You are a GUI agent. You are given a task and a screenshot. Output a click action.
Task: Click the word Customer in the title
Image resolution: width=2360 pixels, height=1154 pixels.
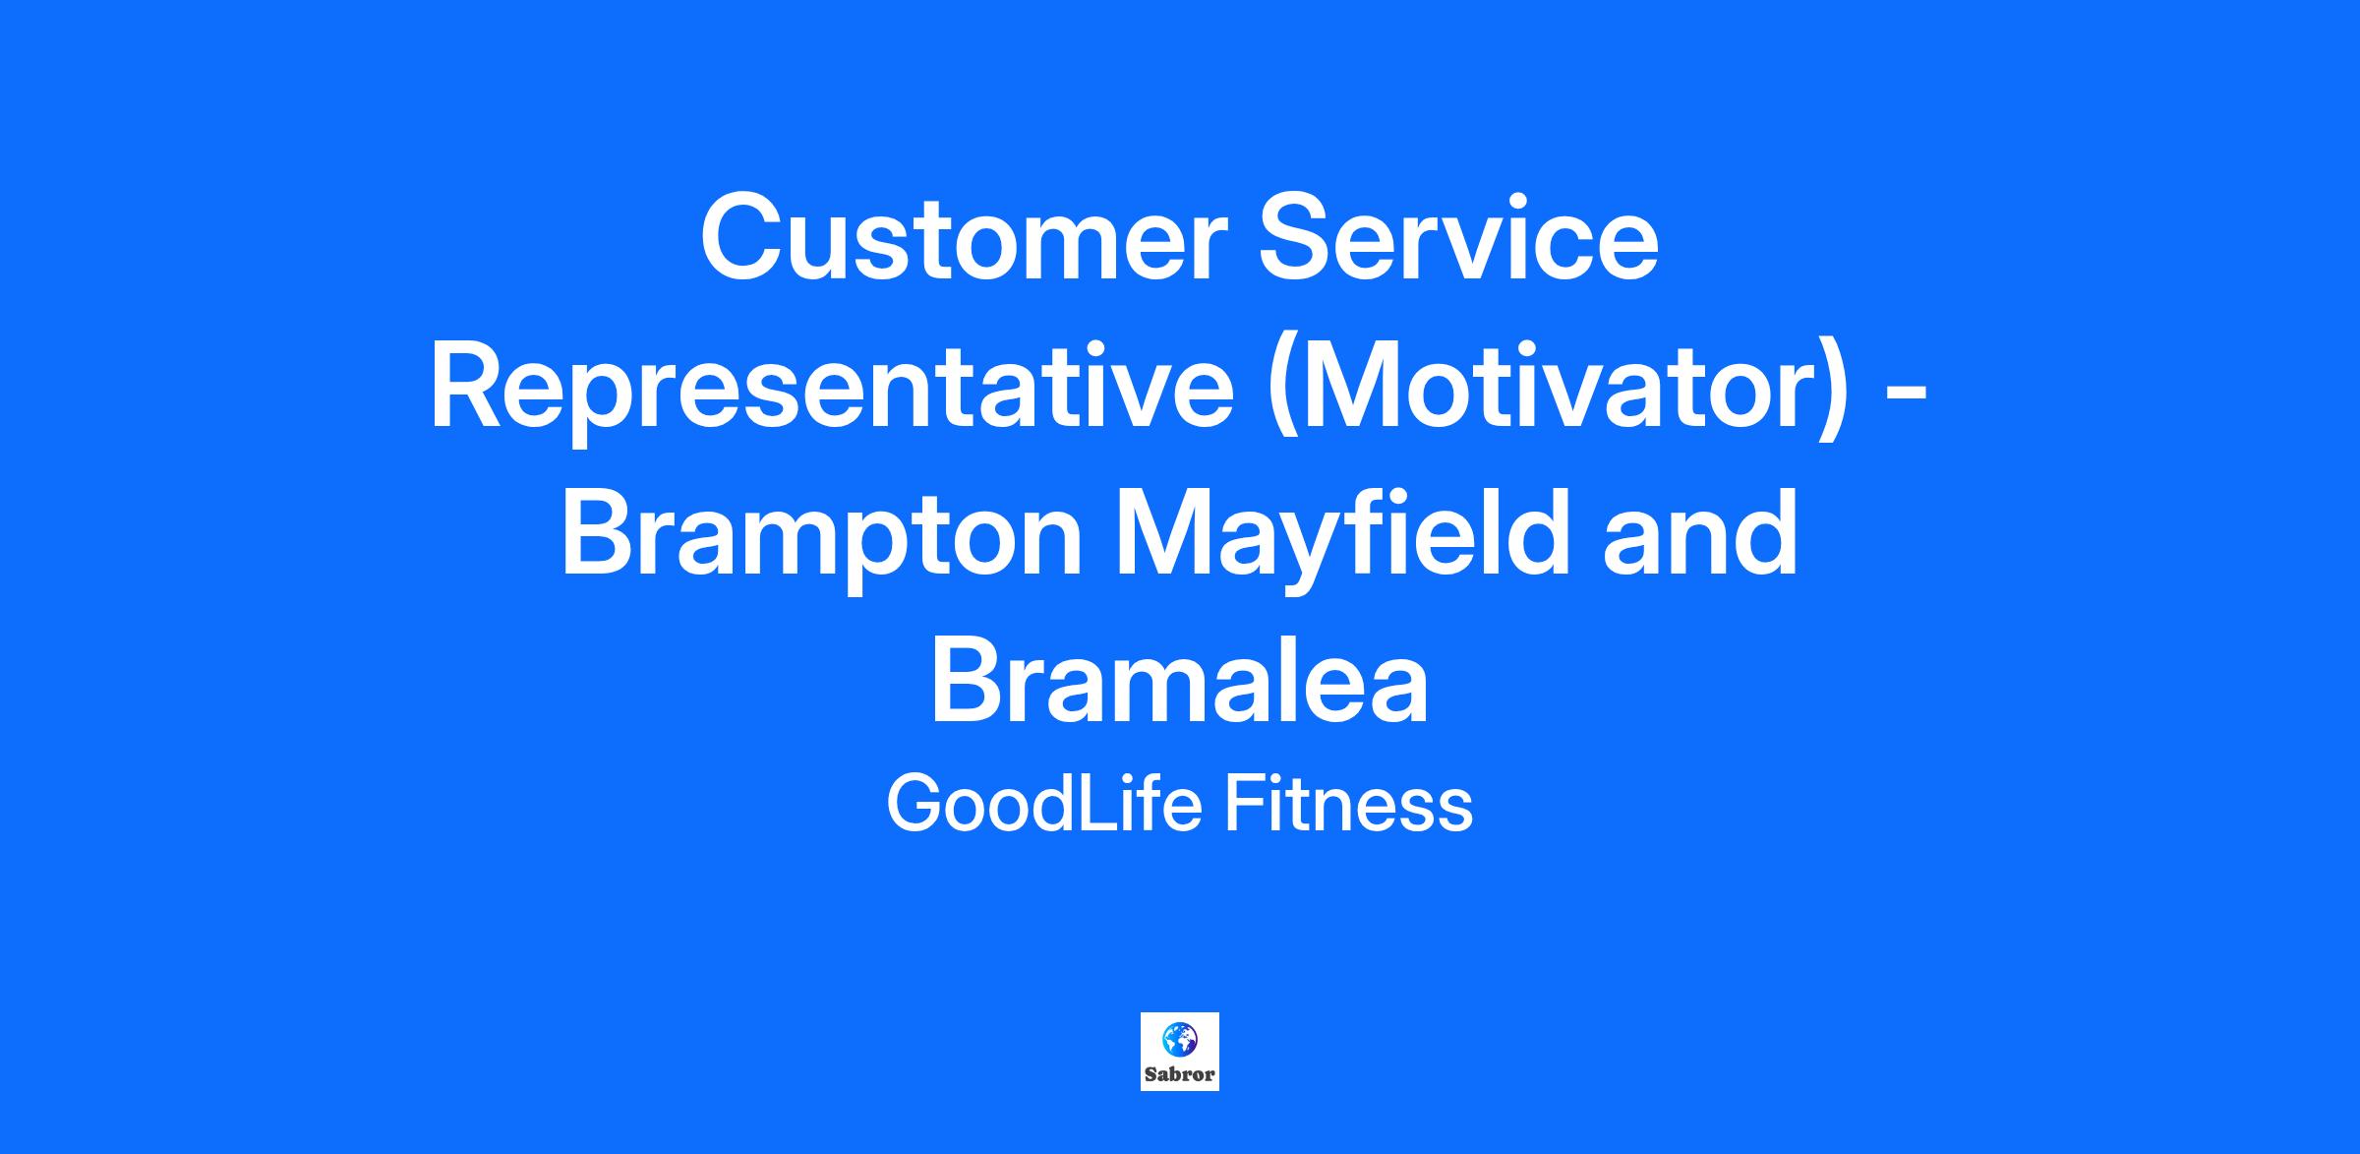[x=965, y=239]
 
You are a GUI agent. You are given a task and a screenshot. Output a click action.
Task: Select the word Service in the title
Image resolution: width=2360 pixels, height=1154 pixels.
[x=1459, y=239]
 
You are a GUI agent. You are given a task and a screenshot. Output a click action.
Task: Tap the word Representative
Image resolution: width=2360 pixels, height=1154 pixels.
[x=832, y=388]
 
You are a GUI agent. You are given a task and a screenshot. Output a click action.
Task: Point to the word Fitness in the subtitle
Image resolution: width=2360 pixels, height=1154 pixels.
[x=1348, y=804]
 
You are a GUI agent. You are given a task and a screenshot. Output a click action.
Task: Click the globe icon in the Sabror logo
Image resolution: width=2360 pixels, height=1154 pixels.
[x=1179, y=1039]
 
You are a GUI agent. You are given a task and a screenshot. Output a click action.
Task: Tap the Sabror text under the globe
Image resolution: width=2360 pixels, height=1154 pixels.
[x=1180, y=1074]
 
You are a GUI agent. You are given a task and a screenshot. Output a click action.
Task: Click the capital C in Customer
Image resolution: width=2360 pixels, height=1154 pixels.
[x=741, y=239]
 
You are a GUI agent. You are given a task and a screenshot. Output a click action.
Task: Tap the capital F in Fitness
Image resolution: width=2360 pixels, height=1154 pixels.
[x=1244, y=804]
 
